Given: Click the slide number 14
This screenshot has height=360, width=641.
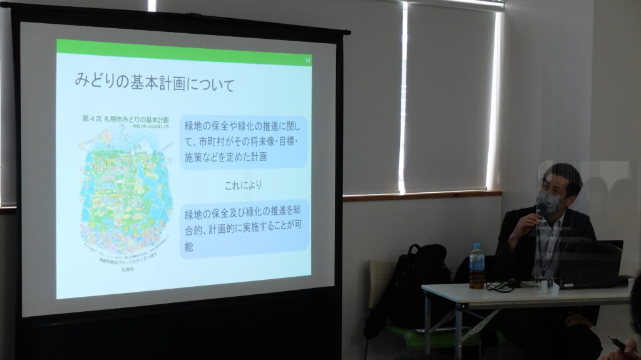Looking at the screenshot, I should pos(307,60).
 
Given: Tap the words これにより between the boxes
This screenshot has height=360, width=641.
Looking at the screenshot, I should pos(244,185).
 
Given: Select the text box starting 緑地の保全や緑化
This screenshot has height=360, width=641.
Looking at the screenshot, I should pos(244,142).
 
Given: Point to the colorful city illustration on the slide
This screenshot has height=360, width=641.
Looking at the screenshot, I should pos(125,188).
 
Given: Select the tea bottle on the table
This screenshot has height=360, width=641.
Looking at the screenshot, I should pos(477,268).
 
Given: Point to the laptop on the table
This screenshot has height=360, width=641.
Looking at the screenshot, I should pos(588,263).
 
